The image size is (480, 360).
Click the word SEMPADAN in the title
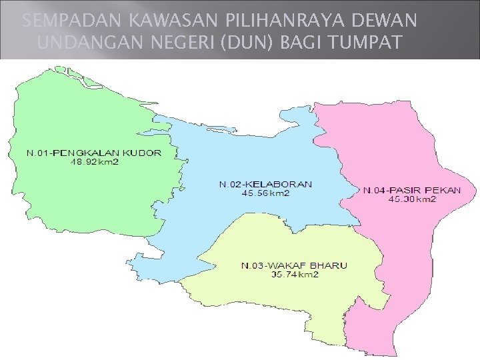(x=61, y=21)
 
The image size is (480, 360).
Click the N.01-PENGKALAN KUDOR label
(x=93, y=153)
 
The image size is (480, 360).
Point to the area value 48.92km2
(x=94, y=161)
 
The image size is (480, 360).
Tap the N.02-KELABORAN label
(x=265, y=184)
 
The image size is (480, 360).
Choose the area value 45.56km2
(x=265, y=193)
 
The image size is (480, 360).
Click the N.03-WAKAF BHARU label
(x=294, y=266)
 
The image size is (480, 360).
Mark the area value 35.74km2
(x=295, y=275)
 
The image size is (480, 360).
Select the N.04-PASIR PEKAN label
(x=411, y=190)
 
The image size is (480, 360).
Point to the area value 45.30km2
(x=412, y=199)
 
